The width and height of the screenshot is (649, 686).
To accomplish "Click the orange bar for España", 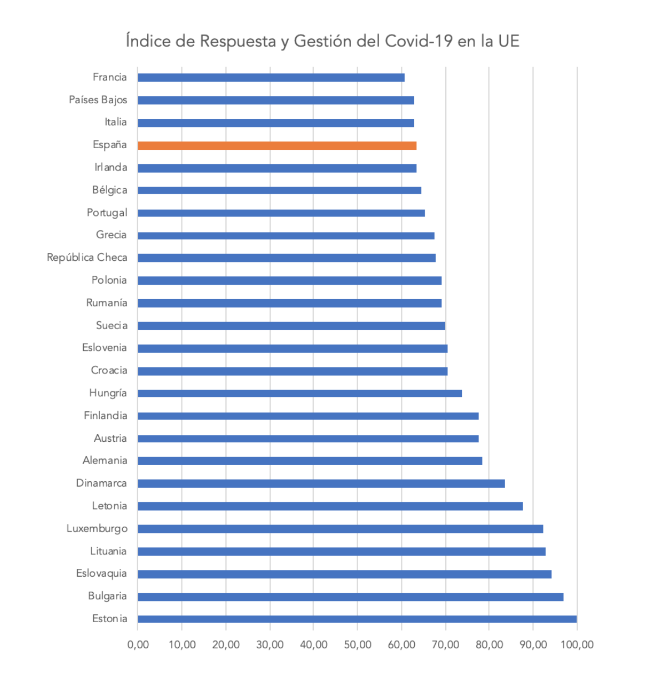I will point(276,145).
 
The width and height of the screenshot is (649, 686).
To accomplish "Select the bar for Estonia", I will point(356,619).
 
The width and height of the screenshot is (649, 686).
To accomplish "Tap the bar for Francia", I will point(270,78).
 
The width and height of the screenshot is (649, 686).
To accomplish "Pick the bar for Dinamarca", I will point(321,483).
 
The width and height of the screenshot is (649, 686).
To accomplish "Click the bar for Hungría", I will point(299,394).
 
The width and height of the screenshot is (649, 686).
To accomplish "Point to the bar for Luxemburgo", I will point(340,529).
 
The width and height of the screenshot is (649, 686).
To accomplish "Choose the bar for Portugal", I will point(281,213).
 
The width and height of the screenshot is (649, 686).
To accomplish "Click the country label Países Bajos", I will point(98,100).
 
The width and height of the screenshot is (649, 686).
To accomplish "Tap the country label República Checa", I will point(87,258).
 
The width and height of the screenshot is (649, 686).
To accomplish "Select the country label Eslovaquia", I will point(102,573).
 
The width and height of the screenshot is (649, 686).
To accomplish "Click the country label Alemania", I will point(105,461).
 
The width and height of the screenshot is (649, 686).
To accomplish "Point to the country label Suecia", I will point(112,325).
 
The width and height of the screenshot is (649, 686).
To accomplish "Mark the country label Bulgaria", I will point(107,596).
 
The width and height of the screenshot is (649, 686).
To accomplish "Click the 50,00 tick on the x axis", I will point(358,644).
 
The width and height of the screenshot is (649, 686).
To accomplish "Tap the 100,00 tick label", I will point(577,644).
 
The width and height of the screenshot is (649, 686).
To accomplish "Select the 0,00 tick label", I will point(138,644).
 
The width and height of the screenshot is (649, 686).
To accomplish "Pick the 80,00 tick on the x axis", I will point(489,644).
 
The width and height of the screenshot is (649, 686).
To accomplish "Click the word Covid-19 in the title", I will point(419,41).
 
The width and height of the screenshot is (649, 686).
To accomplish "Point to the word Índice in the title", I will point(148,41).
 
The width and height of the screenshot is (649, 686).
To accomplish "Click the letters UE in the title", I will point(508,41).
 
